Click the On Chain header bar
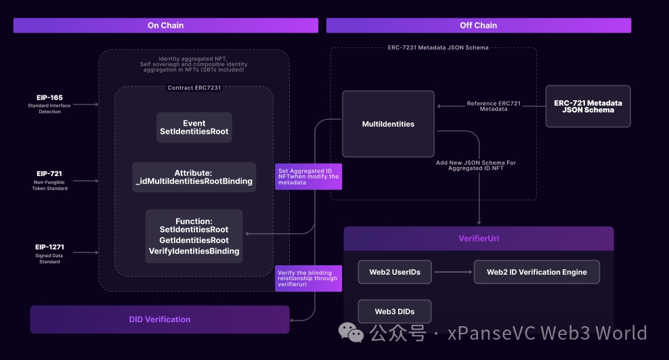(166, 26)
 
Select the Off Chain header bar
(478, 26)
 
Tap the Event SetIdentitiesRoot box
(194, 127)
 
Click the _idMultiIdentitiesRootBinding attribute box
(194, 177)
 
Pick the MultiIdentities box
(388, 124)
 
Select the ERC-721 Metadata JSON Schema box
(588, 106)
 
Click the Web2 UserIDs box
(395, 272)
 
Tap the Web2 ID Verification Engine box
(536, 272)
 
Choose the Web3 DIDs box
(395, 311)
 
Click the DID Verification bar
(160, 319)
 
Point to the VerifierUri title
(479, 238)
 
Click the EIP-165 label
(50, 98)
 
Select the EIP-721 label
(50, 174)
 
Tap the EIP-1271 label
(50, 248)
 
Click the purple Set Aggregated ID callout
(308, 177)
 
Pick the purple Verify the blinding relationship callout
(308, 279)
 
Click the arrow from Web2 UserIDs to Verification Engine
(452, 272)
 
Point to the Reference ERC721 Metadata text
(494, 106)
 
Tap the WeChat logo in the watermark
(351, 332)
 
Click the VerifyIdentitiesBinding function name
(194, 251)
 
